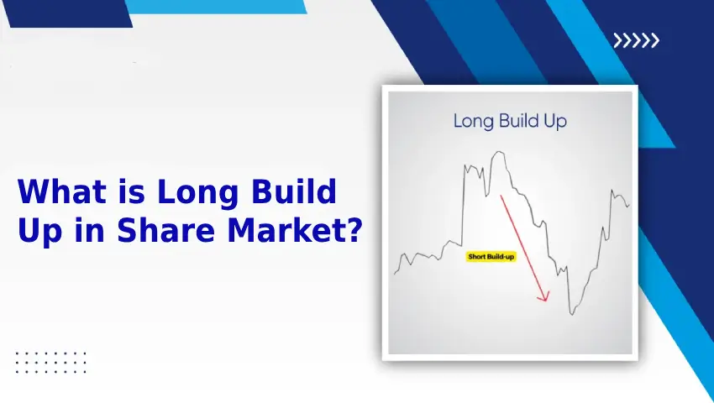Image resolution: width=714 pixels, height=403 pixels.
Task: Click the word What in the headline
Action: [x=62, y=191]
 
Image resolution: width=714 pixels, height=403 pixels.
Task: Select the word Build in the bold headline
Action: [x=294, y=191]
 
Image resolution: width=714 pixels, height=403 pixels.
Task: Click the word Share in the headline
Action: [x=165, y=230]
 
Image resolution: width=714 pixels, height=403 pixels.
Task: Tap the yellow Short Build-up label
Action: [x=491, y=256]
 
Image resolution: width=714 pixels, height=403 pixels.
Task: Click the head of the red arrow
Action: [x=544, y=297]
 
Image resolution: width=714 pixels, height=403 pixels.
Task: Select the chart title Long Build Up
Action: [x=510, y=121]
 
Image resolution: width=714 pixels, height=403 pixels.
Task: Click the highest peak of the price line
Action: [x=500, y=152]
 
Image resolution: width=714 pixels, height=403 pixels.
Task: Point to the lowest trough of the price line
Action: [x=572, y=314]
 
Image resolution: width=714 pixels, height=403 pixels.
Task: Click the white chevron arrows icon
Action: [x=636, y=40]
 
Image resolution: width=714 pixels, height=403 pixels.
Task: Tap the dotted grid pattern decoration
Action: [x=50, y=363]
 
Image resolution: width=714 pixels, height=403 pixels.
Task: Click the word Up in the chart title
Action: [x=555, y=122]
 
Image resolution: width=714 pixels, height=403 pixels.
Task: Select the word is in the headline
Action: [x=132, y=191]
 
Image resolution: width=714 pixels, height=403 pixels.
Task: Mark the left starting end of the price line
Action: [x=394, y=274]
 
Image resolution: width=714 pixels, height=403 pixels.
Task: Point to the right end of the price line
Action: [x=630, y=206]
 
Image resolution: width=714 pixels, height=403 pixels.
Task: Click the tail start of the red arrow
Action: [x=501, y=196]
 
